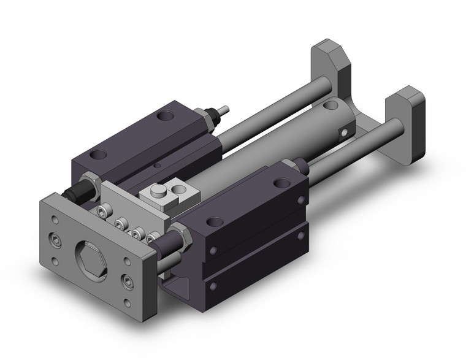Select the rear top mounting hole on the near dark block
coord(280,182)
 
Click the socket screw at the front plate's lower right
coord(128,280)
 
